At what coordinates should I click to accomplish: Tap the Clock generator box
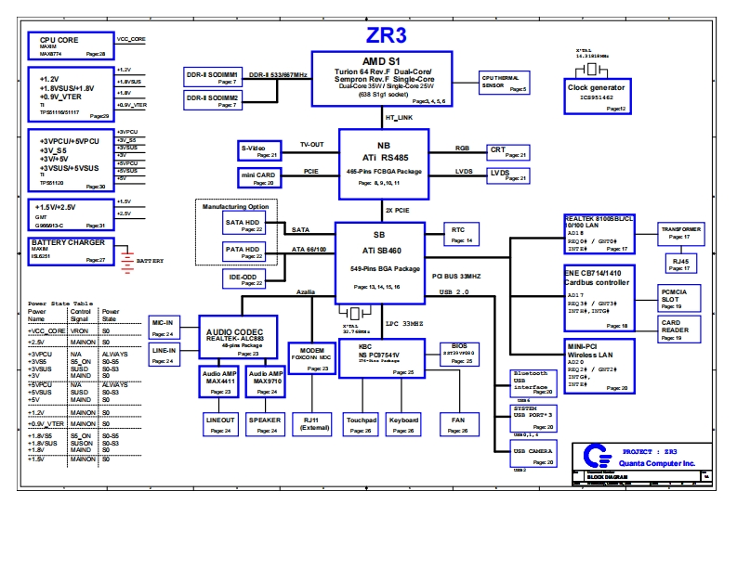click(596, 96)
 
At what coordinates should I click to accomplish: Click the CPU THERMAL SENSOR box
click(504, 83)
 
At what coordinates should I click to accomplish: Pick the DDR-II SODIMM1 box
click(212, 76)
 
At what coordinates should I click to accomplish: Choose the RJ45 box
click(680, 263)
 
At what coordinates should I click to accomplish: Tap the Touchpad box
click(362, 424)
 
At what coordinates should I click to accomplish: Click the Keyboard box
click(404, 424)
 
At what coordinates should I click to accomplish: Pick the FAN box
click(458, 424)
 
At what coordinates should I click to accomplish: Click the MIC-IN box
click(163, 326)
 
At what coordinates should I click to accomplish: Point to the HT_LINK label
click(399, 118)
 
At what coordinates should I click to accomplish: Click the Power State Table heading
click(59, 304)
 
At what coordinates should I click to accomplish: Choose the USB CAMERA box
click(533, 455)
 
